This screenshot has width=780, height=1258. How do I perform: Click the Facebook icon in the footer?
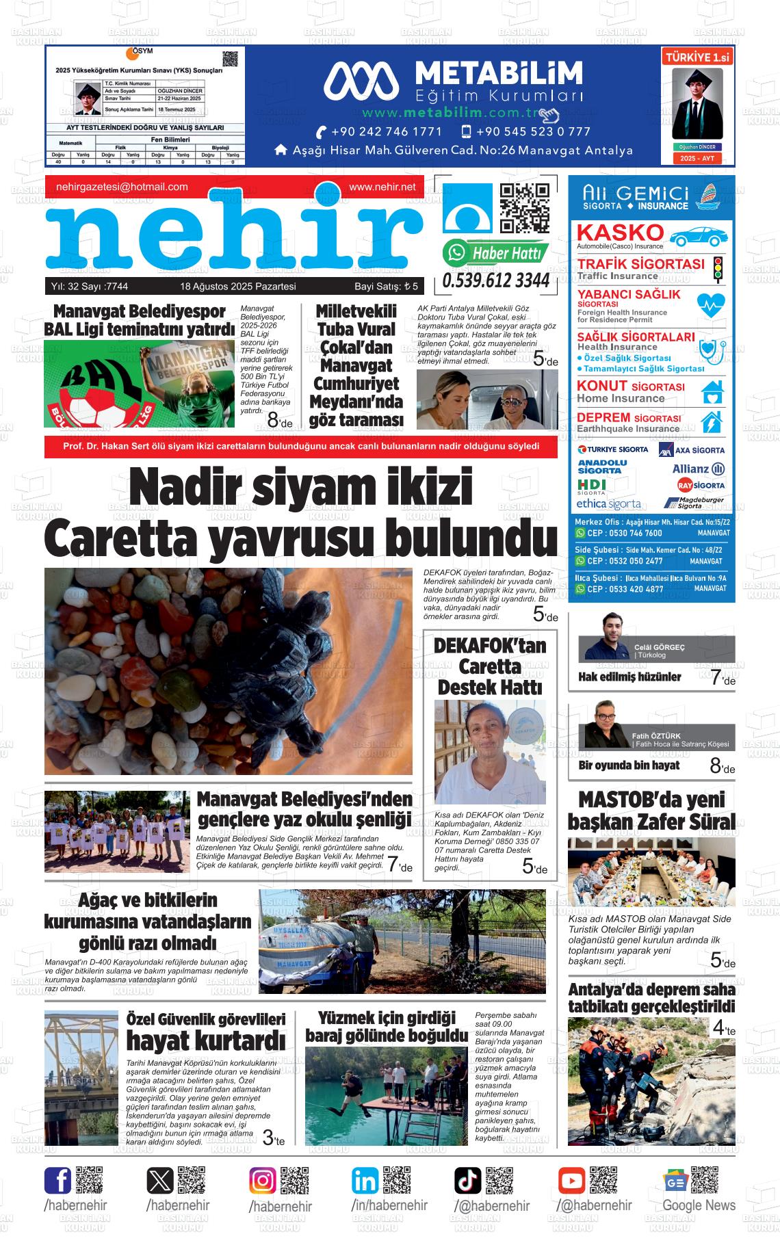click(57, 1181)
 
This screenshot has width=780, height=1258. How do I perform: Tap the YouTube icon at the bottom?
click(571, 1181)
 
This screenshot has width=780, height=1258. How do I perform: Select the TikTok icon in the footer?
click(468, 1181)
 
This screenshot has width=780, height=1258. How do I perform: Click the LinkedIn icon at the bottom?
click(365, 1181)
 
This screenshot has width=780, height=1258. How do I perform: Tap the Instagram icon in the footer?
click(263, 1181)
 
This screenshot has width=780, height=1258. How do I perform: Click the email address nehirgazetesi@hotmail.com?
click(122, 187)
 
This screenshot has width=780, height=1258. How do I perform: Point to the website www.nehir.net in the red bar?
click(382, 187)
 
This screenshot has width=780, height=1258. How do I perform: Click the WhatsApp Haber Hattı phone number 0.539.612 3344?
click(496, 280)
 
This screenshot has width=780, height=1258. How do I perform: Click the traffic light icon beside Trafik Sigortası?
click(718, 270)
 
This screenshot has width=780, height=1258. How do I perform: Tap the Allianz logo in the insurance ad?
click(698, 469)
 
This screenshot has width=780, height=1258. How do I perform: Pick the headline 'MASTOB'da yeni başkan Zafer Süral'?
click(651, 810)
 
